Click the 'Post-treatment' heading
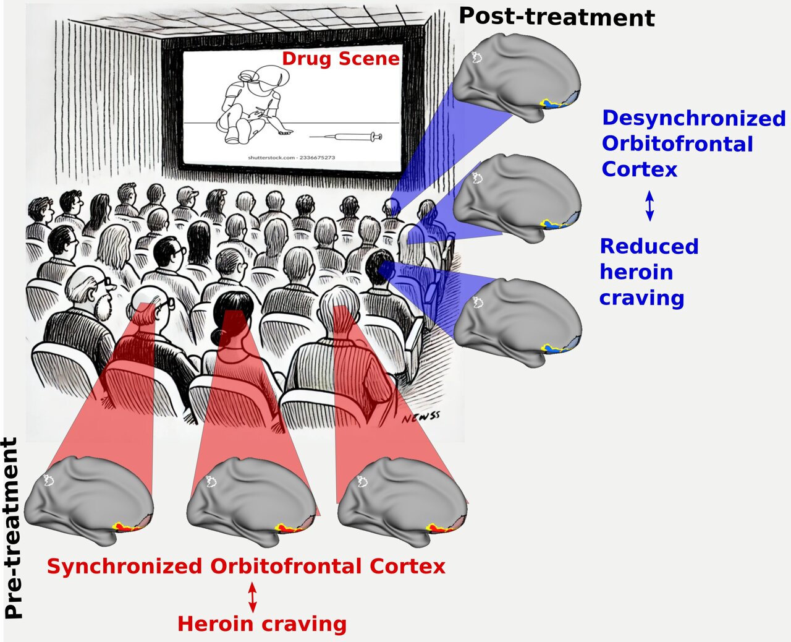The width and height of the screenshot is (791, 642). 556,17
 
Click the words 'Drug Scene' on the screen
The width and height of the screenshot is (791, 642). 341,59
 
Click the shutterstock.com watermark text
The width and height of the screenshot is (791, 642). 292,158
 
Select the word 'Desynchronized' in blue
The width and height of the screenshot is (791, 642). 693,118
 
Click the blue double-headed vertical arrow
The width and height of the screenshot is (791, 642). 649,206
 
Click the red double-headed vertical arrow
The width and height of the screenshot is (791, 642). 252,596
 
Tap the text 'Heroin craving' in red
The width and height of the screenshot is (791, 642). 261,623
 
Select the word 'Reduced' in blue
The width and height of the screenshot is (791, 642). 649,246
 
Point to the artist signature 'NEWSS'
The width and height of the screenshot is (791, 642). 420,418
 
